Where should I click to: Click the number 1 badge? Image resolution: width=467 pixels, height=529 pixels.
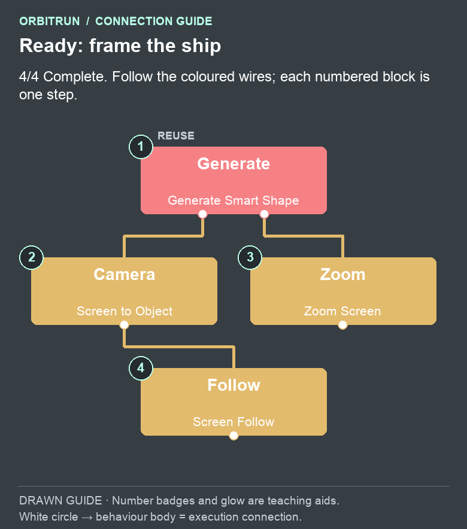click(141, 147)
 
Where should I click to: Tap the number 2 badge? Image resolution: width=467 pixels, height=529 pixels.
click(31, 257)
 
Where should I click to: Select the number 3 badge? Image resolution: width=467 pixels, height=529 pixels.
click(250, 257)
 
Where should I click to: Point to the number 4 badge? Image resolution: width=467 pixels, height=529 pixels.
click(141, 368)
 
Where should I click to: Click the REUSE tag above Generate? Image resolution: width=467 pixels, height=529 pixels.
click(176, 136)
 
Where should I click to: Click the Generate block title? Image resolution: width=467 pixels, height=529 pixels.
click(233, 163)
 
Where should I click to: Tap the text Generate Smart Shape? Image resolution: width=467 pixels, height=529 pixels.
click(233, 200)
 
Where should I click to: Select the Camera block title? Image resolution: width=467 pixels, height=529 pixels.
click(124, 274)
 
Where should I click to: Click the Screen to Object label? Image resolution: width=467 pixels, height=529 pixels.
click(124, 311)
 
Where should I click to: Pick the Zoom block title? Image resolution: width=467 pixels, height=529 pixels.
click(343, 274)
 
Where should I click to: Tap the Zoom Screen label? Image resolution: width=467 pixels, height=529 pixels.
click(342, 311)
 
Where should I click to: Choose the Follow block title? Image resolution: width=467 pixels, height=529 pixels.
click(233, 385)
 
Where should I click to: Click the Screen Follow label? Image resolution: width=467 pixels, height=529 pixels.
click(233, 422)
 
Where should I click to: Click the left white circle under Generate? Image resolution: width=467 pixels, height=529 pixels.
click(202, 214)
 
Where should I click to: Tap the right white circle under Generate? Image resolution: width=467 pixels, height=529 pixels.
click(264, 214)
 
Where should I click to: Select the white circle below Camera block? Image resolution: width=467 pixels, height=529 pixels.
click(124, 324)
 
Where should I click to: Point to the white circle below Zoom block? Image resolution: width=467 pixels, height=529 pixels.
click(342, 324)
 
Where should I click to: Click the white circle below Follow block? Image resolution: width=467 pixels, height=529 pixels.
click(233, 436)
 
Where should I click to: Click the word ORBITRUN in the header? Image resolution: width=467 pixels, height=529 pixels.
click(50, 22)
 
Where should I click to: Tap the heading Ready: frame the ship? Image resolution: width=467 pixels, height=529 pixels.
click(120, 45)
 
